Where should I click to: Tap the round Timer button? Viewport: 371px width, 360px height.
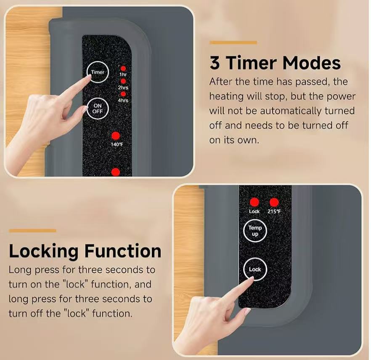(98, 72)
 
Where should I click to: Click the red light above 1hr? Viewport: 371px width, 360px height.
(123, 69)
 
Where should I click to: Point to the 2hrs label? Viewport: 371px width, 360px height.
(123, 88)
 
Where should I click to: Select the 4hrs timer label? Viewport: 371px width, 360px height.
(123, 100)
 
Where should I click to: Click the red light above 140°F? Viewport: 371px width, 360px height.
(116, 136)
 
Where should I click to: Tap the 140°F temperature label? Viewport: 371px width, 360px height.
(117, 144)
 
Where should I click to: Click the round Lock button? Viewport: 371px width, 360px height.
(255, 269)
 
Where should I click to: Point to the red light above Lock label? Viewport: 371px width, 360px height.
(254, 202)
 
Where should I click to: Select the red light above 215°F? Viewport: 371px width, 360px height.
(274, 202)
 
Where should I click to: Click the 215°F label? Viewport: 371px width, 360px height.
(274, 211)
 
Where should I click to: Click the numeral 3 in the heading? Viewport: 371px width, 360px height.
(215, 63)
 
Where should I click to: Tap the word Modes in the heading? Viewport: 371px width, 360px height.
(312, 63)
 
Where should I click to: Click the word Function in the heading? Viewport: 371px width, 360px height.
(123, 251)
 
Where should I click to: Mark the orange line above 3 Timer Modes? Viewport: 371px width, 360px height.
(233, 43)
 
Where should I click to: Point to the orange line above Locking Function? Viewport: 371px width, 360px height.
(32, 231)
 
